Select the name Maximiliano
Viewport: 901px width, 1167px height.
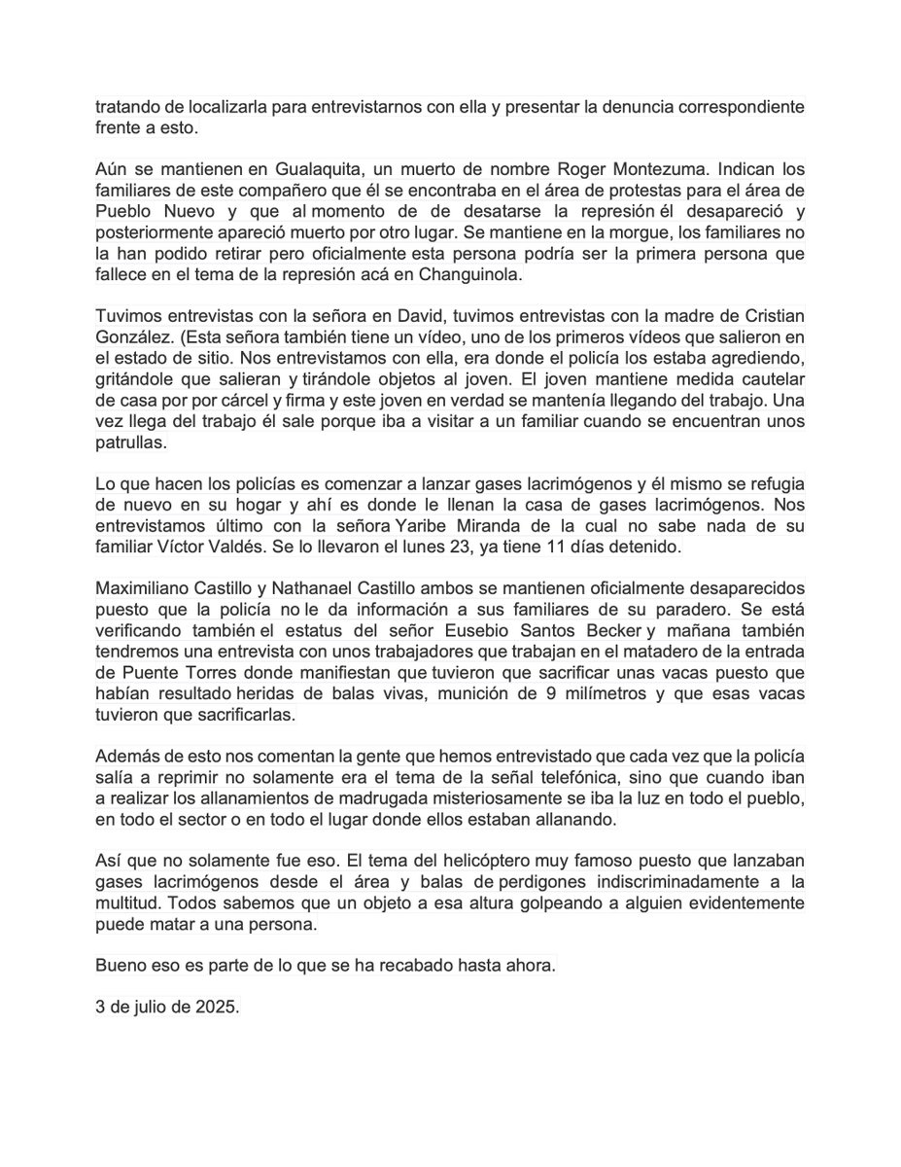[x=144, y=589]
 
